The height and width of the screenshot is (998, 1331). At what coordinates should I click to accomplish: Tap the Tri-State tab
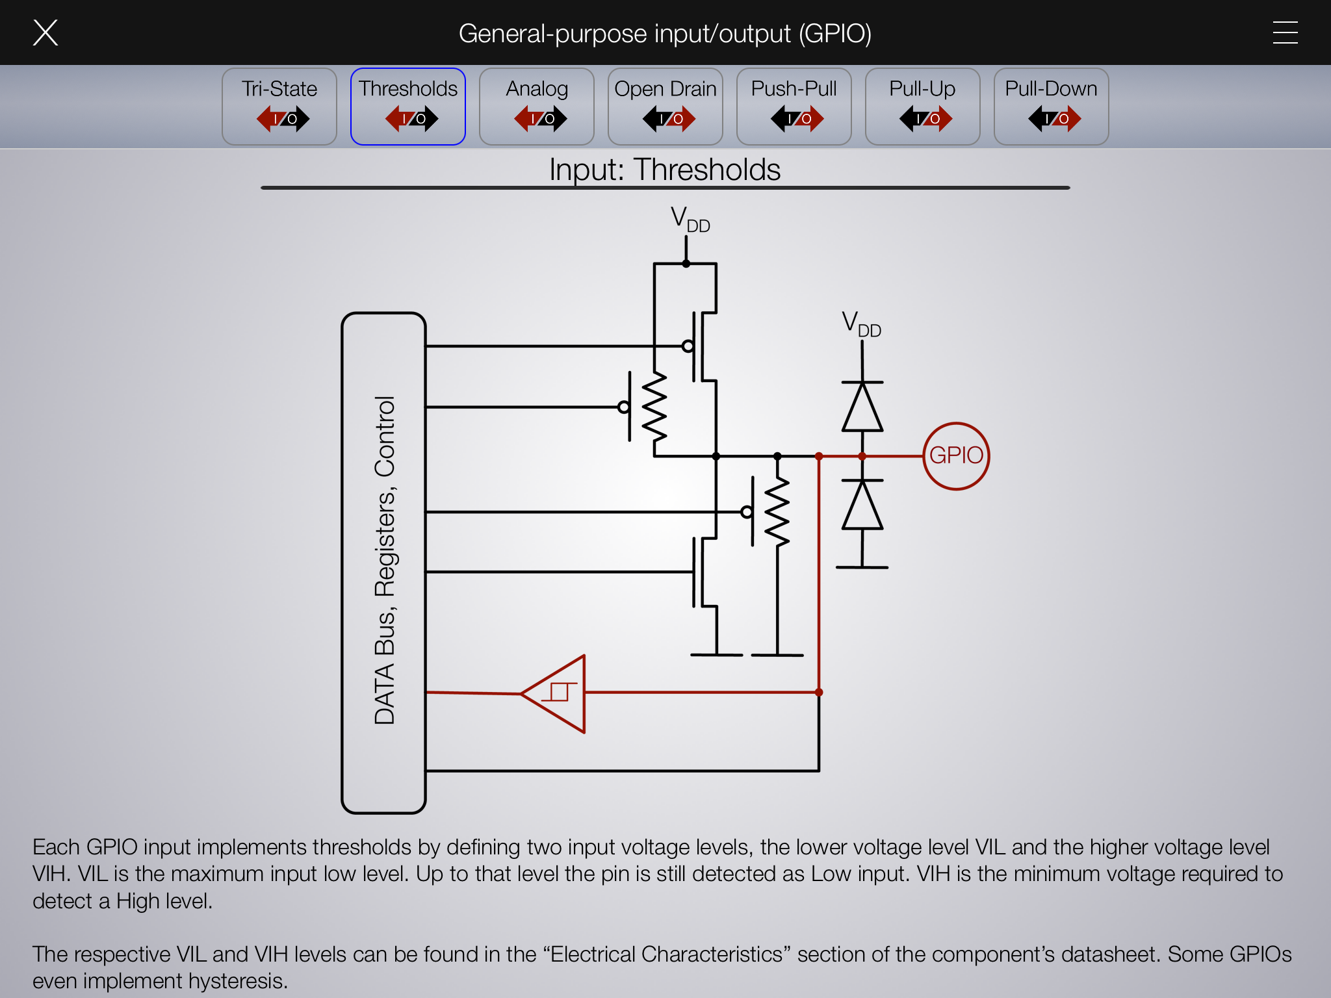279,106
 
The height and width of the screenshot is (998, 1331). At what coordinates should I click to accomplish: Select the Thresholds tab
408,106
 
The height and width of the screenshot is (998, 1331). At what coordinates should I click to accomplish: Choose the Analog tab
537,106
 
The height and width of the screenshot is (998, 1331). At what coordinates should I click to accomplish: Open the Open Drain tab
665,106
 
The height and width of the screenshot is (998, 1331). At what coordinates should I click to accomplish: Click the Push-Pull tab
794,106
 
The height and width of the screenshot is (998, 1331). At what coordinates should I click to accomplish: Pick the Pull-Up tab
922,106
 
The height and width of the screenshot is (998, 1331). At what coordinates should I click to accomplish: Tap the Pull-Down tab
1051,106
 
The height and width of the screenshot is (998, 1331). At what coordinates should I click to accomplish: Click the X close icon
45,32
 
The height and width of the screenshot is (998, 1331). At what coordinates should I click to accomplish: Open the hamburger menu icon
1285,32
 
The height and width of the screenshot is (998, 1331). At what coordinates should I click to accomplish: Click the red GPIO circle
956,455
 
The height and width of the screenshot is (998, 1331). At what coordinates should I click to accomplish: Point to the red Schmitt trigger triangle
558,693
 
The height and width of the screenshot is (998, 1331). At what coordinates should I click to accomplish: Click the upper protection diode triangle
862,407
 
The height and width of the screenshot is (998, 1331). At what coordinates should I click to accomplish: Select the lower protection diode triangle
862,505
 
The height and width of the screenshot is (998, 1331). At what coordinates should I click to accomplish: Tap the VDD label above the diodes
861,324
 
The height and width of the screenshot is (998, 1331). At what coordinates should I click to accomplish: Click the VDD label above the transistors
690,219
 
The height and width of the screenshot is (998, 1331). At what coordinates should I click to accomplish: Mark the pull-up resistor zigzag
654,407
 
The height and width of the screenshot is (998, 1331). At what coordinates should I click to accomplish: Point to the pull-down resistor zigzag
777,511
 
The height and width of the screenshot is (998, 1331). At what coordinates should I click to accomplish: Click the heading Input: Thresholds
665,170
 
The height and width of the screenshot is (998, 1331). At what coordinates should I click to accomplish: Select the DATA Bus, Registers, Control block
384,562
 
